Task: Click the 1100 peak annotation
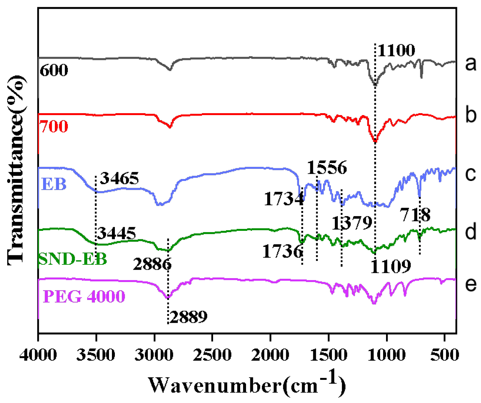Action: (x=396, y=51)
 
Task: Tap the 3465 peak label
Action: (x=119, y=178)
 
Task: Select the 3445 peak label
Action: (x=116, y=233)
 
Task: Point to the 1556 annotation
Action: (x=327, y=168)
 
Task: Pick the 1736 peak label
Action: (x=283, y=251)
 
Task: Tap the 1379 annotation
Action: (x=352, y=223)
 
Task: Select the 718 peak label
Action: (x=415, y=215)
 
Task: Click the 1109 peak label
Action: (x=391, y=266)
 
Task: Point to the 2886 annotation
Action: (x=152, y=264)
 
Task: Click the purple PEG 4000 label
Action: (x=84, y=296)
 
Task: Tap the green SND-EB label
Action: (x=72, y=259)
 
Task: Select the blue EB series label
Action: (x=54, y=184)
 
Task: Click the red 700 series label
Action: (x=54, y=126)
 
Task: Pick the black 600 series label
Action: (x=54, y=70)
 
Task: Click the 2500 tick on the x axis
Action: (x=212, y=355)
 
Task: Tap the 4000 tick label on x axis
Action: (x=38, y=355)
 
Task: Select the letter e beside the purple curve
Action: (x=470, y=284)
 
